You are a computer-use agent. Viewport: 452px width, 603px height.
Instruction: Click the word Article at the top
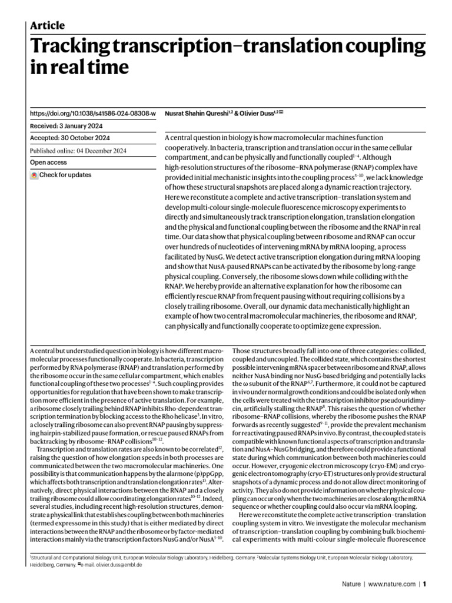pyautogui.click(x=47, y=25)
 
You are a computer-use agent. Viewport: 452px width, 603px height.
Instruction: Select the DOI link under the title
pyautogui.click(x=92, y=112)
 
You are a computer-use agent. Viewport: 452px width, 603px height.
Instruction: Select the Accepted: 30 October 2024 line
pyautogui.click(x=69, y=138)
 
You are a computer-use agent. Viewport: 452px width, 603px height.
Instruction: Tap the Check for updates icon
pyautogui.click(x=34, y=175)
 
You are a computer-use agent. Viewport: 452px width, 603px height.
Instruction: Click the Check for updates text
pyautogui.click(x=66, y=175)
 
